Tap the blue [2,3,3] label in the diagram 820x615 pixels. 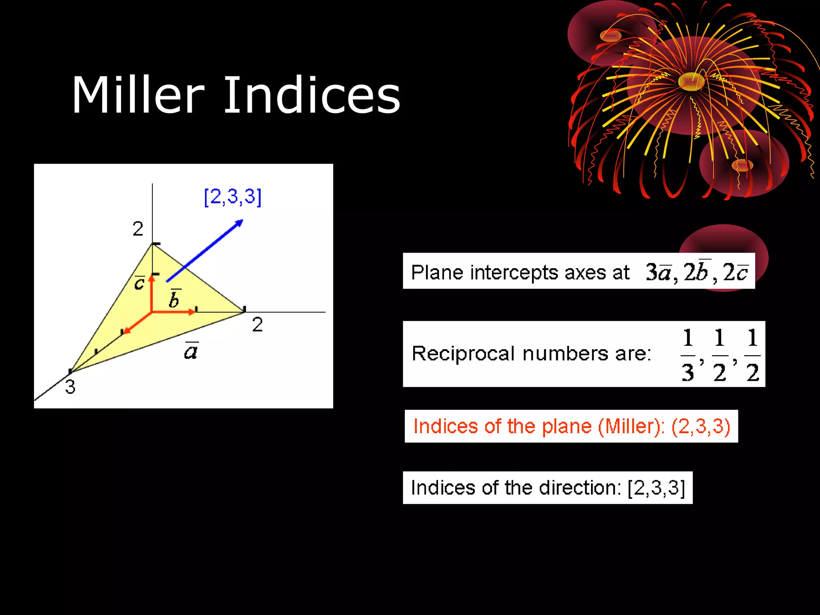pyautogui.click(x=233, y=197)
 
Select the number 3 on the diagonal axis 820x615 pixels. pyautogui.click(x=70, y=387)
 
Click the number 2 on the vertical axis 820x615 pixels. pyautogui.click(x=138, y=229)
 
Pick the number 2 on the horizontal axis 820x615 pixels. pyautogui.click(x=257, y=325)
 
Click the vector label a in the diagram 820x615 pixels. pyautogui.click(x=191, y=351)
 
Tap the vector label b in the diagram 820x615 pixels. pyautogui.click(x=174, y=299)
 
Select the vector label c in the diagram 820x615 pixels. pyautogui.click(x=139, y=283)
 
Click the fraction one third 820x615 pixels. pyautogui.click(x=687, y=355)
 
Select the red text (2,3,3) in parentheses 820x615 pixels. pyautogui.click(x=701, y=426)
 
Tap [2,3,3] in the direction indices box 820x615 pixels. pyautogui.click(x=656, y=488)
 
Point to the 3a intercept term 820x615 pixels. pyautogui.click(x=658, y=272)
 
